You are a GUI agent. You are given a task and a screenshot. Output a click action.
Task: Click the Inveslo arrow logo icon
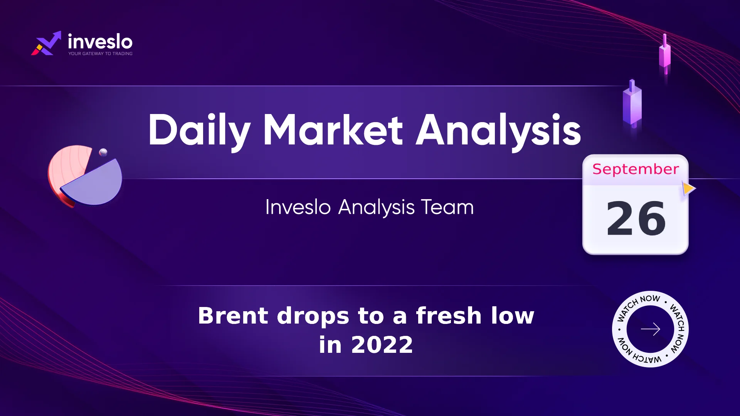click(x=46, y=43)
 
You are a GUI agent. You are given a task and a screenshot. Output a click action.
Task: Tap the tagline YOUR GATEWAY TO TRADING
click(x=101, y=54)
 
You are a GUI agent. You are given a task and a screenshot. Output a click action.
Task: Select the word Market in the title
click(x=333, y=130)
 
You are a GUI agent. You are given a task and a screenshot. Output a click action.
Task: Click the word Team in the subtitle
click(x=447, y=207)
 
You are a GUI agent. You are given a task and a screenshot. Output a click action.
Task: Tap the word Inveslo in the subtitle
click(x=298, y=207)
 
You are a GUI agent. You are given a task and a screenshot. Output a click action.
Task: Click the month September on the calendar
click(x=636, y=169)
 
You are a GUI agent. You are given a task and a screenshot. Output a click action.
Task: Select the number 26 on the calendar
click(x=636, y=218)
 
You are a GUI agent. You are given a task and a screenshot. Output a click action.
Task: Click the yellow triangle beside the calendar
click(x=689, y=188)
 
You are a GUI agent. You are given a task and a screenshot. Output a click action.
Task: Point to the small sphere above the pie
click(x=103, y=152)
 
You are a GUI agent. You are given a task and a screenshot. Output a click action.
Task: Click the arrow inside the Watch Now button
click(x=651, y=329)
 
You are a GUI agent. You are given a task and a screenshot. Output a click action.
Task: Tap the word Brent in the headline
click(x=233, y=316)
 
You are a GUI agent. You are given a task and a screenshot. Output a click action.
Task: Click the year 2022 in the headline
click(x=382, y=345)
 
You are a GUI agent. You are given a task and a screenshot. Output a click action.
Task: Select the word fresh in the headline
click(x=449, y=315)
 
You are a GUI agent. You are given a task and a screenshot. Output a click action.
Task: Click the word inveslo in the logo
click(x=100, y=41)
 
